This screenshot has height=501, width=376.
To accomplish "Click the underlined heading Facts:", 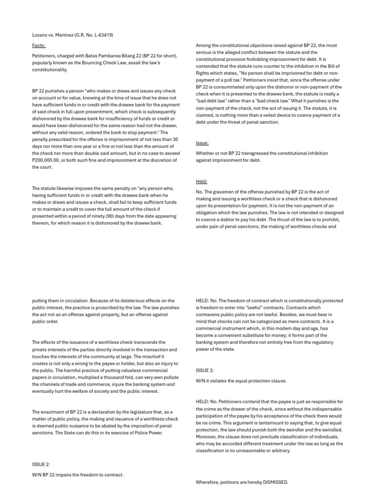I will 39,46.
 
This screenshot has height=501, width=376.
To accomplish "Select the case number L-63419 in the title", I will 102,35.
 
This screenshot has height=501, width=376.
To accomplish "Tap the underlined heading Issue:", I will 202,143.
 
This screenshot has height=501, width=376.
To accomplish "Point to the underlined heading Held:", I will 202,181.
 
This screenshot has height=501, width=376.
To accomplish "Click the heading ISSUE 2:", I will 41,464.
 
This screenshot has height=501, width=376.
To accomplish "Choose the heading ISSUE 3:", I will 204,370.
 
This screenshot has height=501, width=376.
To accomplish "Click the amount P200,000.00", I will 46,160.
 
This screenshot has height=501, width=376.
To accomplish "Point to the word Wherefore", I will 208,482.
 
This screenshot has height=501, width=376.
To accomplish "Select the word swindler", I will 289,430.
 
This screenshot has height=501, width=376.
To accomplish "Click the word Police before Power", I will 136,433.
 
